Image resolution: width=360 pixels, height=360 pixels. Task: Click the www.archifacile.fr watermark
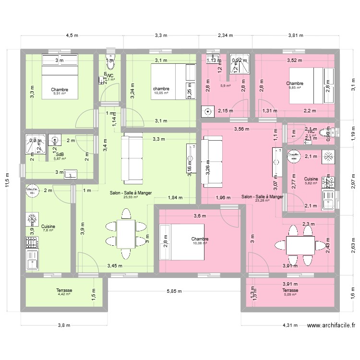pos(331,325)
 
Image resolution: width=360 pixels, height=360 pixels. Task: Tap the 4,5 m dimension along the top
pos(72,36)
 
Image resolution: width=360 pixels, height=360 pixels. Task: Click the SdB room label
pos(60,154)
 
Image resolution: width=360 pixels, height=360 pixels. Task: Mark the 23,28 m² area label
pos(262,201)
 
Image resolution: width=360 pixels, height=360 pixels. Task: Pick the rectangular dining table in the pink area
pos(300,245)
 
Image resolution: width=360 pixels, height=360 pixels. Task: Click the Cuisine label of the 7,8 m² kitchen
pos(48,226)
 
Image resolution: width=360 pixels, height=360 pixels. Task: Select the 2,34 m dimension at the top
pos(225,36)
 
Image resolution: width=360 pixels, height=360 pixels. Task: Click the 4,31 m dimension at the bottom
pos(288,325)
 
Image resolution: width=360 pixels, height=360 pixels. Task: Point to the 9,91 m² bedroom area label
pos(60,94)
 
